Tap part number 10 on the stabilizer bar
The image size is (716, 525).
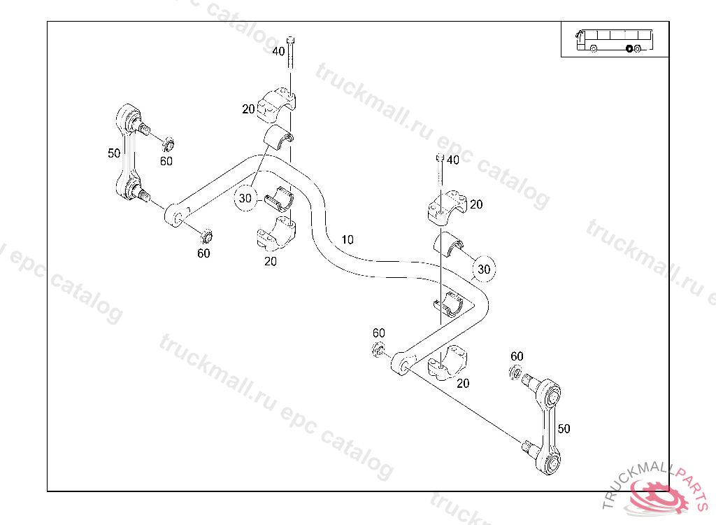348,240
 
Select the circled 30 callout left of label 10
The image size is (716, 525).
245,198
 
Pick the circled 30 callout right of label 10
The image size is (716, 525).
484,268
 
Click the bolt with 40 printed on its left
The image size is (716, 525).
291,52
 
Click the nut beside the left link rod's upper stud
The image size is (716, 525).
168,146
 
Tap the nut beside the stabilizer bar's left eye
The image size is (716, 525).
206,234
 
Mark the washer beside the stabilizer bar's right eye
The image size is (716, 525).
378,349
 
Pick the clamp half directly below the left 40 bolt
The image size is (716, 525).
277,104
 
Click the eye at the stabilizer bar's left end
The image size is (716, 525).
174,214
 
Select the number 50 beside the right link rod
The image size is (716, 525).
564,428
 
